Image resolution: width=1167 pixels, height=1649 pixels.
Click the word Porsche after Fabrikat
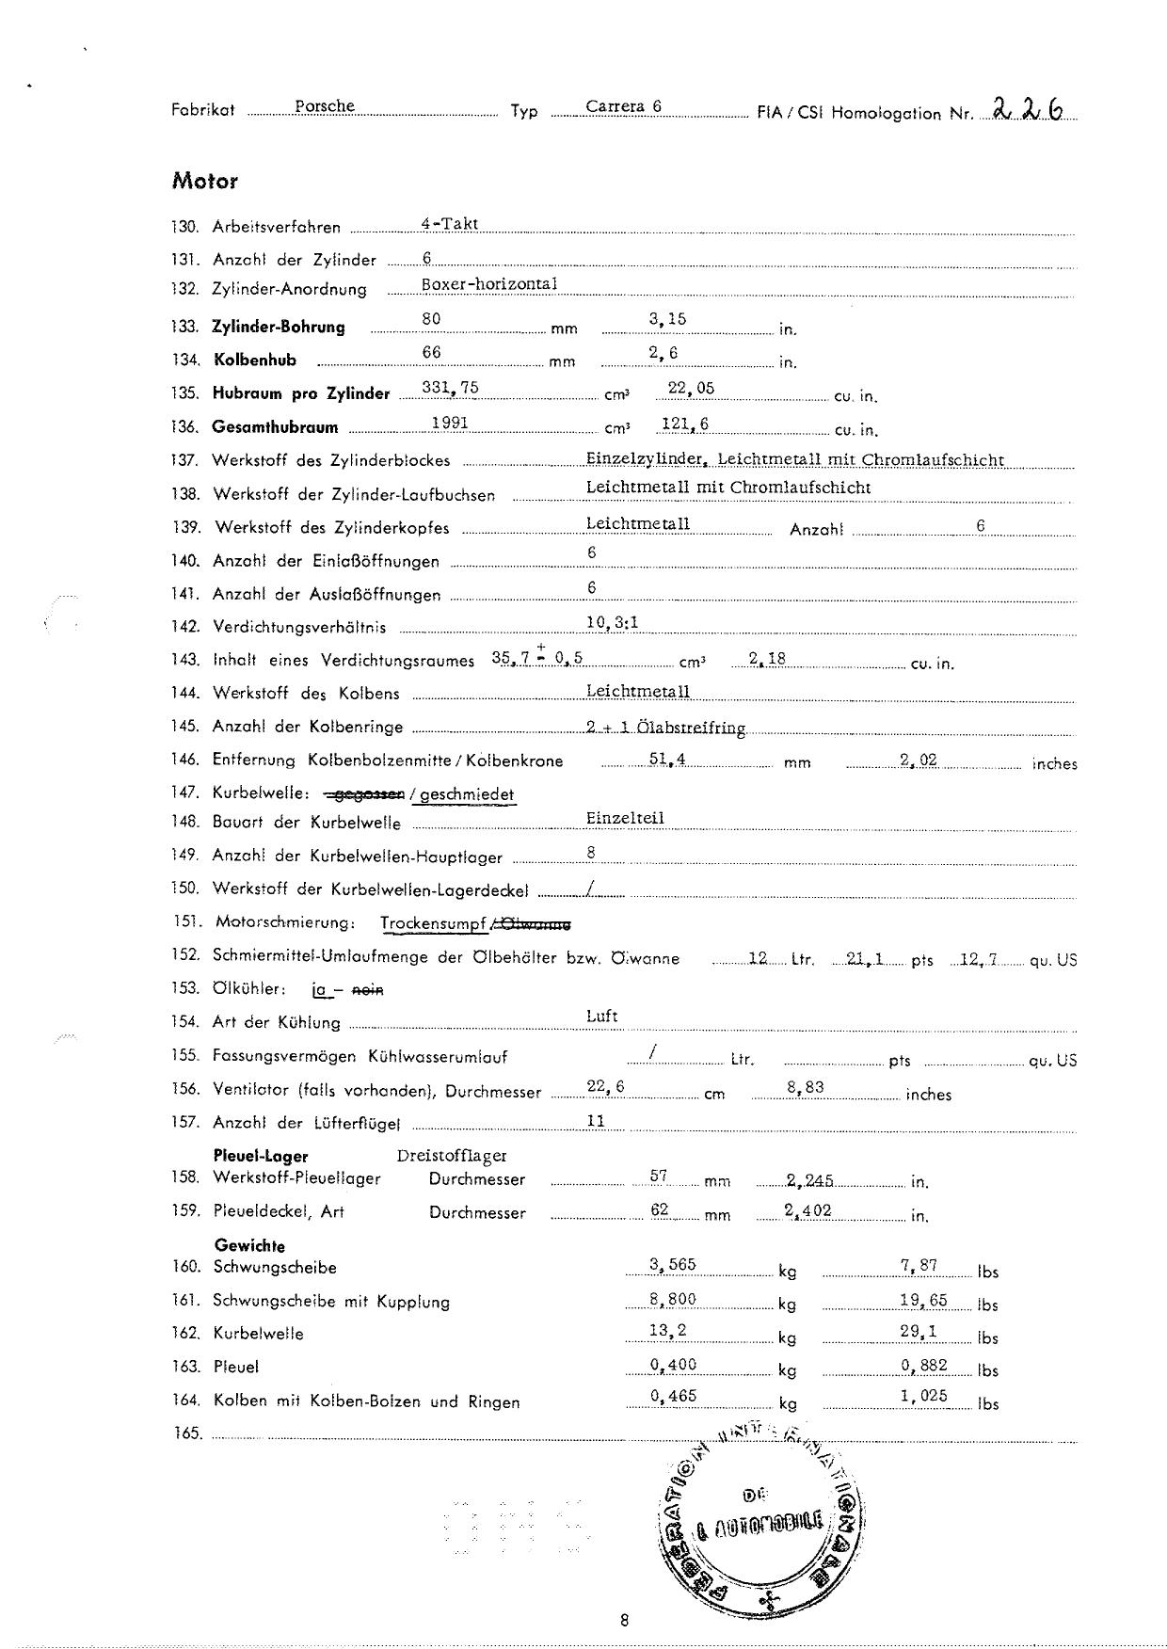click(324, 106)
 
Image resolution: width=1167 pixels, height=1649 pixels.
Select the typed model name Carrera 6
click(623, 106)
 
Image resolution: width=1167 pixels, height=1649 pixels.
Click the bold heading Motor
click(204, 181)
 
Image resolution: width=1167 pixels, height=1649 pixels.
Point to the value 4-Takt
click(450, 224)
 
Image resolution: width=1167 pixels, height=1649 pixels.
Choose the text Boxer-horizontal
click(489, 283)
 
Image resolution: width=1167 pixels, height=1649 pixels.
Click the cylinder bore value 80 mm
click(431, 319)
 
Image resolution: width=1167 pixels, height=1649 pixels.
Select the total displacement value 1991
click(450, 423)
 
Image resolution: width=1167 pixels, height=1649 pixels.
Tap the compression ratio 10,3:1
click(613, 622)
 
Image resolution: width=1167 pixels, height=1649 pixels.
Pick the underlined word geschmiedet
click(468, 794)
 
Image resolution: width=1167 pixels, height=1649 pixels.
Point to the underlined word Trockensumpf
click(434, 923)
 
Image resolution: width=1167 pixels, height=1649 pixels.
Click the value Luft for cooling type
click(601, 1016)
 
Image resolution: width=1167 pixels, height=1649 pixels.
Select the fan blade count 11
click(596, 1121)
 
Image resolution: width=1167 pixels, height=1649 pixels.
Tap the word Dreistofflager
click(452, 1155)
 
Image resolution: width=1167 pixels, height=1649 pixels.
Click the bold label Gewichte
click(249, 1245)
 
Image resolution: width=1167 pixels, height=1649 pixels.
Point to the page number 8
click(624, 1620)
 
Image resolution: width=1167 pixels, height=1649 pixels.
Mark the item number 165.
click(187, 1433)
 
